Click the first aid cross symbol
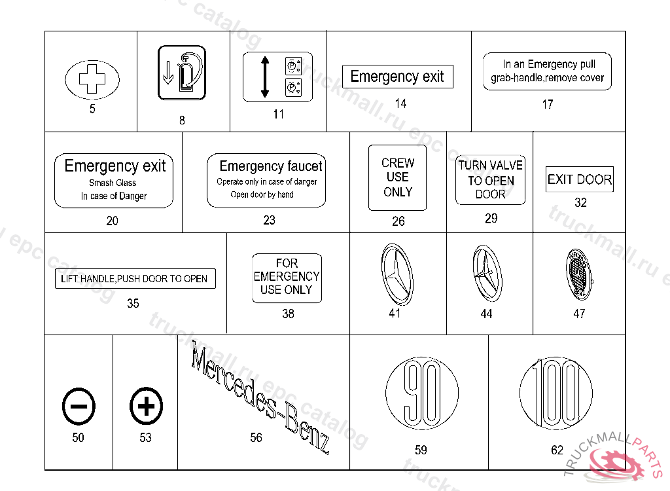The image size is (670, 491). point(92,80)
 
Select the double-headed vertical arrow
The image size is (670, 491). point(264,77)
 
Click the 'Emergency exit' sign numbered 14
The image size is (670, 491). point(397,77)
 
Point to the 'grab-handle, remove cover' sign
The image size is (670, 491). point(547,71)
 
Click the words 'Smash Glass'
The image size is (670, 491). point(113,183)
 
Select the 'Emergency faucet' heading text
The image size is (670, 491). point(271,166)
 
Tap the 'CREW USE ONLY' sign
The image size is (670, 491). point(397,177)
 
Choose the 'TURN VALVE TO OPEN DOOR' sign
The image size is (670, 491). point(490,180)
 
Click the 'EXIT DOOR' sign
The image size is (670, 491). point(580,179)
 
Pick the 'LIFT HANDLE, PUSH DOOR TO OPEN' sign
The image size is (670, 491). point(134,279)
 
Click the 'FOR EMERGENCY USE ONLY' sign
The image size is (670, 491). point(287,278)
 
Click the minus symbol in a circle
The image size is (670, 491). point(79,407)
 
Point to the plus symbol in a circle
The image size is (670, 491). point(146,407)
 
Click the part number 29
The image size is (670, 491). point(491,219)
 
